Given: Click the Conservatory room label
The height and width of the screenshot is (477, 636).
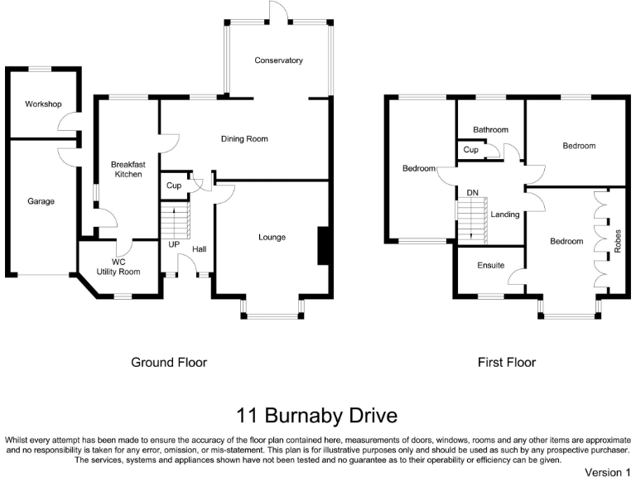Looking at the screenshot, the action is [278, 60].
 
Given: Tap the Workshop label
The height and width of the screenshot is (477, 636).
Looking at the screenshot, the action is [43, 104].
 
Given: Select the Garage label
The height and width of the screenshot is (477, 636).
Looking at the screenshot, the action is [41, 201].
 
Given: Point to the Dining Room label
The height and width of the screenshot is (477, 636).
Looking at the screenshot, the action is [244, 139].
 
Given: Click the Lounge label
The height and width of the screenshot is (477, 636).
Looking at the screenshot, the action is [272, 237].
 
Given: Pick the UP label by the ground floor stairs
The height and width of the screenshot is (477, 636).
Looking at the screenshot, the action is [174, 244].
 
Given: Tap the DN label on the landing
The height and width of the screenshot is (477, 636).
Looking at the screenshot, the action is [473, 193].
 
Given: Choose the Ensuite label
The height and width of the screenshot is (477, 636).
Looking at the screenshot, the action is [491, 265].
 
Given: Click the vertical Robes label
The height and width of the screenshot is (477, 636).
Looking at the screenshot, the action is [618, 241].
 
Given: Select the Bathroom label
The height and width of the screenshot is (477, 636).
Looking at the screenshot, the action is [490, 130].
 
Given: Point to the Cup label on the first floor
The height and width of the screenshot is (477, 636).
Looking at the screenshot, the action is [470, 150].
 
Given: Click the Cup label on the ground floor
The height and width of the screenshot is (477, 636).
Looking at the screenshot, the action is [174, 185].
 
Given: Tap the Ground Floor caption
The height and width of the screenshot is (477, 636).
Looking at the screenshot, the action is [169, 362].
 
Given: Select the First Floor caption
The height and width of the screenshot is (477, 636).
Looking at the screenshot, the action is [507, 362].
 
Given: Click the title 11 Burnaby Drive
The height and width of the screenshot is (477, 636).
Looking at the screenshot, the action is [317, 416].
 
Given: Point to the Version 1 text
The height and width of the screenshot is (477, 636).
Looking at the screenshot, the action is [608, 472].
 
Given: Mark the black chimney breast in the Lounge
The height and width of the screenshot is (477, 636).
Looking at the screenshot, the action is [323, 246].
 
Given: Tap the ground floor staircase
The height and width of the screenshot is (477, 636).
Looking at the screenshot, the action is [176, 220].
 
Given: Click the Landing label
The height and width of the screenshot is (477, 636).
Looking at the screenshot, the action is [505, 214].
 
